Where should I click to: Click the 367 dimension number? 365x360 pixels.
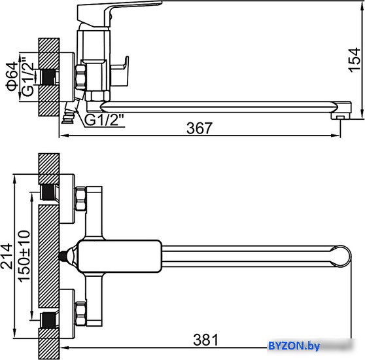200,128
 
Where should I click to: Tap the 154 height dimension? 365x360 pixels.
354,60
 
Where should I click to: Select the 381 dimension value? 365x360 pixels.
206,340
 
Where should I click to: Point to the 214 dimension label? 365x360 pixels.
7,256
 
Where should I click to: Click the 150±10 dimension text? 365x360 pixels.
24,257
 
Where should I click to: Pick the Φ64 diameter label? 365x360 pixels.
12,77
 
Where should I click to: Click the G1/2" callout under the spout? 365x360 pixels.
104,120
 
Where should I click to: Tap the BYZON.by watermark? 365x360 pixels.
294,346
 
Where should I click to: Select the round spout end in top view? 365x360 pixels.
341,256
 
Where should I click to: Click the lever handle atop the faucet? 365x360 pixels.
119,13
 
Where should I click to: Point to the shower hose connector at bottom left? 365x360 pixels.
70,113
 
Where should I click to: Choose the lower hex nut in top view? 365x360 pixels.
80,314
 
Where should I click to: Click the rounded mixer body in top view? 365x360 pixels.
120,256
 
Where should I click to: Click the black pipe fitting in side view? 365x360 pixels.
48,77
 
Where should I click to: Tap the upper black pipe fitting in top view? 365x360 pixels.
48,192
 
